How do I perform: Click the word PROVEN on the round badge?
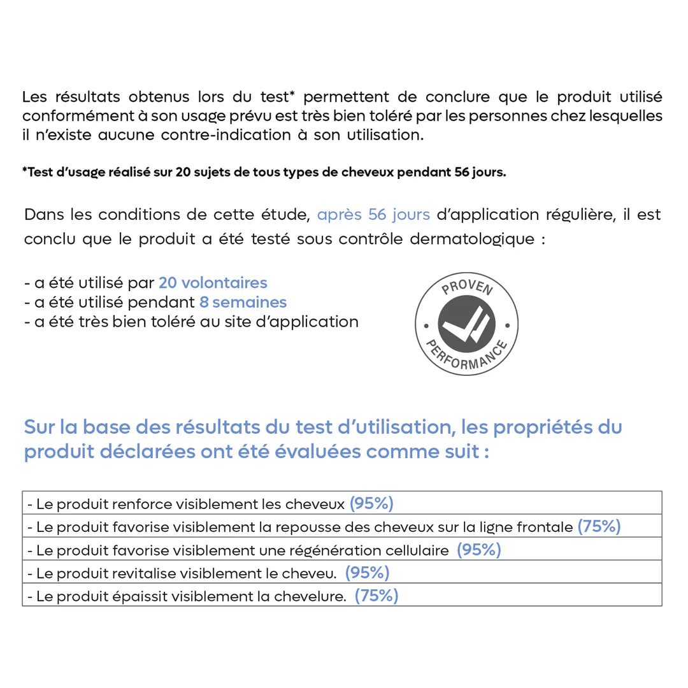tap(467, 289)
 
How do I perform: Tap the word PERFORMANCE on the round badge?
tap(466, 359)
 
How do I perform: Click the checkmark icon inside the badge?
tap(467, 324)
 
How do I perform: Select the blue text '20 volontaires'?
tap(213, 282)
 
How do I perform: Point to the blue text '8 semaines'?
tap(243, 302)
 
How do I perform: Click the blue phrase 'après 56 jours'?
tap(373, 215)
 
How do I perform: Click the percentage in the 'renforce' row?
tap(371, 504)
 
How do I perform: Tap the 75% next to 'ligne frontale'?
tap(599, 527)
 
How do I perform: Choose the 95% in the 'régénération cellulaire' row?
tap(478, 550)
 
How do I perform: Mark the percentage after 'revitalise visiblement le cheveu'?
tap(367, 573)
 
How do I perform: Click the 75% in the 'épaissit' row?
tap(376, 596)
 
